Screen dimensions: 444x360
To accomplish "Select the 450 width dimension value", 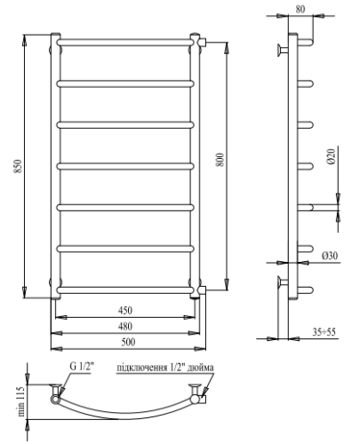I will point(126,311).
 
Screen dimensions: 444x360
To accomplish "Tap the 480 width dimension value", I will point(126,325).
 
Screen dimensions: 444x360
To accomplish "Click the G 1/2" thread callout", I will point(79,367).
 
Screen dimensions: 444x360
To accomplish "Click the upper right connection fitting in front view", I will point(204,42).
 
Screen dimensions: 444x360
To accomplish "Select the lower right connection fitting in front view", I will point(204,290).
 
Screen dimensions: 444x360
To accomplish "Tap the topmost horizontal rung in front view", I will point(125,42).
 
